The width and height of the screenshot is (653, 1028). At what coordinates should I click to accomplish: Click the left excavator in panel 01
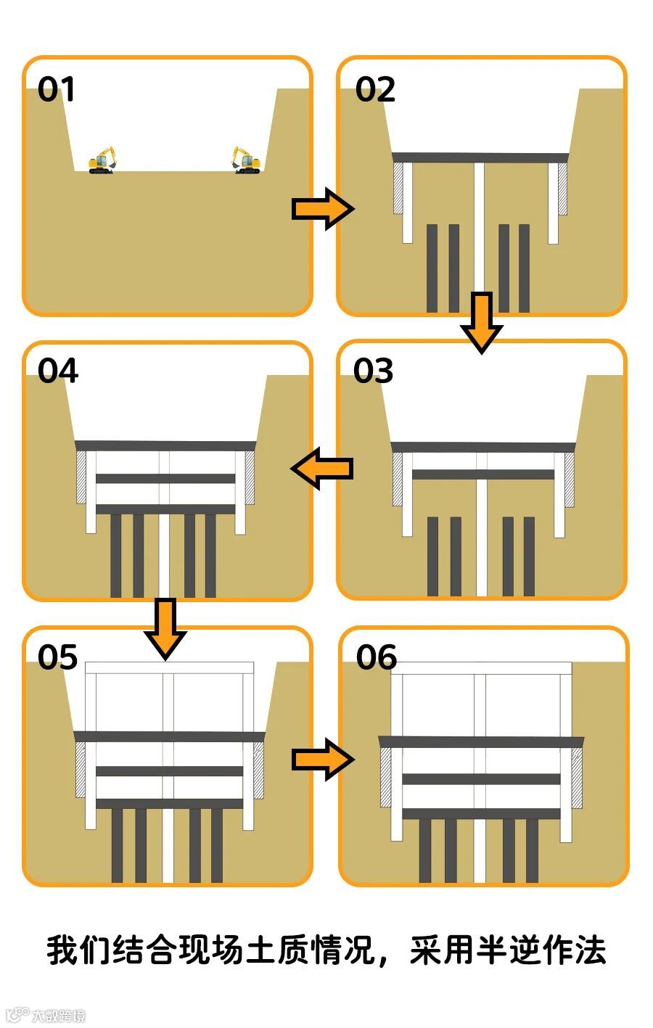tap(103, 160)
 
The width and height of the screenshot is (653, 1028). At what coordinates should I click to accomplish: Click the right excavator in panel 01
tap(247, 160)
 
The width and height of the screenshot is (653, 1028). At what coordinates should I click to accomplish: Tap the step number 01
tap(57, 90)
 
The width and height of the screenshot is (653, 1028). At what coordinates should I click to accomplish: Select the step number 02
tap(375, 90)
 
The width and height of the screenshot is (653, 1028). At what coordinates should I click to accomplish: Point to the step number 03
tap(373, 371)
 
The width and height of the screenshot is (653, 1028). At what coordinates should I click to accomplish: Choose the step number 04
tap(57, 371)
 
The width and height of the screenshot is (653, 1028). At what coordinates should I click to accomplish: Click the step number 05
tap(57, 657)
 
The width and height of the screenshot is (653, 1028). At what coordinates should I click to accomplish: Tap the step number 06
tap(376, 657)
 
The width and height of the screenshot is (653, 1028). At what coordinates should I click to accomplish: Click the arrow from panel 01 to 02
tap(322, 209)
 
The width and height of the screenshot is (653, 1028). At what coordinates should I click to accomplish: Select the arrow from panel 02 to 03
tap(481, 321)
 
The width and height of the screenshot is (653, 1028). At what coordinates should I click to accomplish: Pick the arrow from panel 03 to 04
tap(322, 468)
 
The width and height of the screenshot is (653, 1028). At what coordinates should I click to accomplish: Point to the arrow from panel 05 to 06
tap(322, 760)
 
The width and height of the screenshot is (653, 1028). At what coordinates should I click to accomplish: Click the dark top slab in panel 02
tap(480, 157)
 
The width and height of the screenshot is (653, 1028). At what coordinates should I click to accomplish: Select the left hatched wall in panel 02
tap(398, 188)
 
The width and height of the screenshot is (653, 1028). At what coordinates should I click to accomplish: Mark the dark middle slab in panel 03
tap(482, 474)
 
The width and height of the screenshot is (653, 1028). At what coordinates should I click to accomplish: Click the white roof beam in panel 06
tap(481, 667)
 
